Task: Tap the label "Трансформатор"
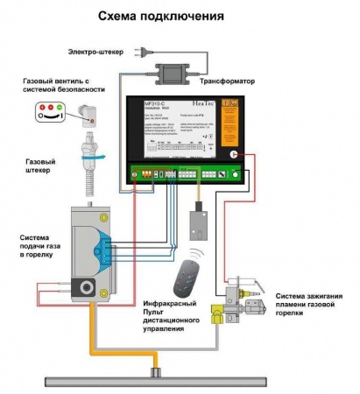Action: click(229, 81)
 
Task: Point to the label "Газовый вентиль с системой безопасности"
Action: click(63, 85)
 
